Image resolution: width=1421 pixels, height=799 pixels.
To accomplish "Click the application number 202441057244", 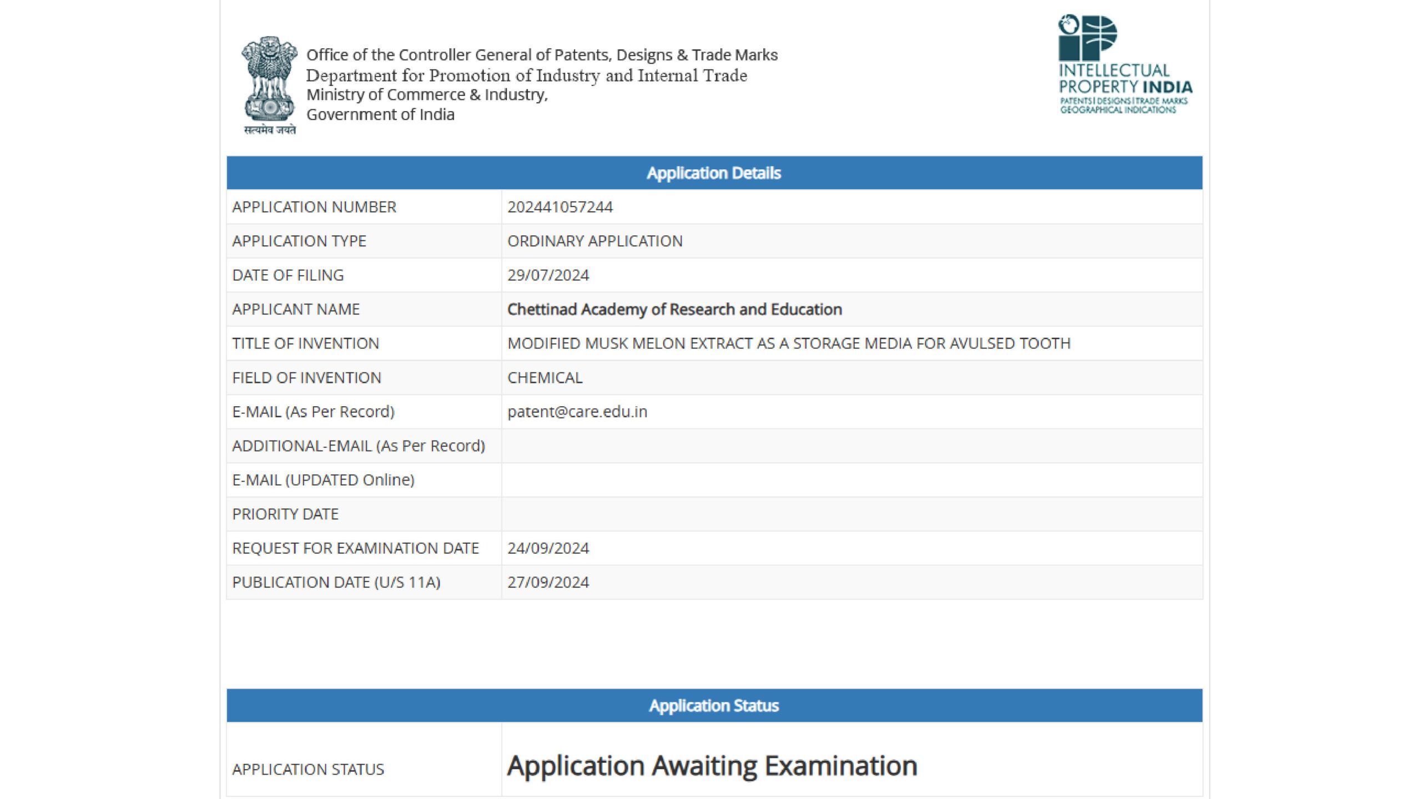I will pos(560,207).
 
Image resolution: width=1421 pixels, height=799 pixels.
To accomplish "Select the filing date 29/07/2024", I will pos(548,275).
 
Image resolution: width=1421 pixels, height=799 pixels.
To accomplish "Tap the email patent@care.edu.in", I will pos(577,412).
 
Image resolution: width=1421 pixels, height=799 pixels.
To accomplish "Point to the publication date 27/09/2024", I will pos(548,582).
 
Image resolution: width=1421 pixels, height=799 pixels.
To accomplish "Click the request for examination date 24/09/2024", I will pos(548,548).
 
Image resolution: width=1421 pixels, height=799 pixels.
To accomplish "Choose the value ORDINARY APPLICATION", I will pos(594,241).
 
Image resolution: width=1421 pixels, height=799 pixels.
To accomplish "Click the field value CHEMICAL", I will pos(545,378).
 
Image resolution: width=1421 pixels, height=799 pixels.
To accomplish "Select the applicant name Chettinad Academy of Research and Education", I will pos(674,309).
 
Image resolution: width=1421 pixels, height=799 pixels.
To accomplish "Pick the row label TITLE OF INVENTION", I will pos(305,343).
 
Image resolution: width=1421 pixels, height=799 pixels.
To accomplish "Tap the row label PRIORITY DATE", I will pos(285,514).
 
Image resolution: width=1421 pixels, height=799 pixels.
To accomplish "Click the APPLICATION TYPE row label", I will pos(299,241).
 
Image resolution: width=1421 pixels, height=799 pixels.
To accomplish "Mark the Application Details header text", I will pos(714,173).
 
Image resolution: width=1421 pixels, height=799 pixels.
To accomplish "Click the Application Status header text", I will pos(714,706).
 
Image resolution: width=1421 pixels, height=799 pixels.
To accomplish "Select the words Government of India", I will pos(380,115).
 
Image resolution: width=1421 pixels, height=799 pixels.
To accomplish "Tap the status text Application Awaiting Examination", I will pos(712,766).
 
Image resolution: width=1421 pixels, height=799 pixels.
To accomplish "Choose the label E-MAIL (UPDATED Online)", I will pos(323,480).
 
